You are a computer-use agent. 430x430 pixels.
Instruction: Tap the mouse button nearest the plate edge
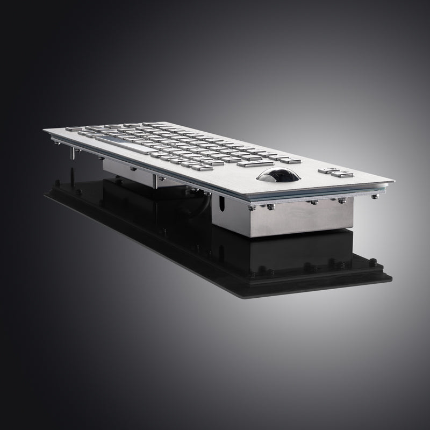point(342,174)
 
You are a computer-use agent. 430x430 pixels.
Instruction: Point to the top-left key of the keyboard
point(71,129)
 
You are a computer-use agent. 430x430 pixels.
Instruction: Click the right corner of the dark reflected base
point(391,277)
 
